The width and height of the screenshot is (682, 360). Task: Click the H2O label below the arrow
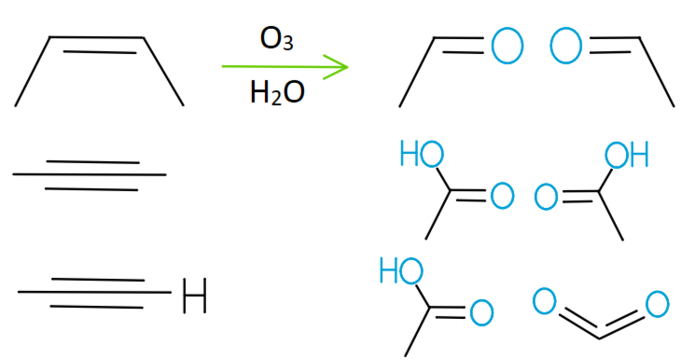[277, 93]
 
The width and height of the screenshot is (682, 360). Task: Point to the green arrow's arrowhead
[338, 66]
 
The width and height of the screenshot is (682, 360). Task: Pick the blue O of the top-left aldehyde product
[507, 45]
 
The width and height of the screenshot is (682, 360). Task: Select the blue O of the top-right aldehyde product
[567, 45]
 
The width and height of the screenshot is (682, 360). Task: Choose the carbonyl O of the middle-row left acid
[502, 197]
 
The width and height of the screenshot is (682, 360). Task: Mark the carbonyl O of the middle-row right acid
[547, 198]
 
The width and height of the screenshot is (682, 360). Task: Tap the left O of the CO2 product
[545, 300]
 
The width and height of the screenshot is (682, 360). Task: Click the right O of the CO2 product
[656, 303]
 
